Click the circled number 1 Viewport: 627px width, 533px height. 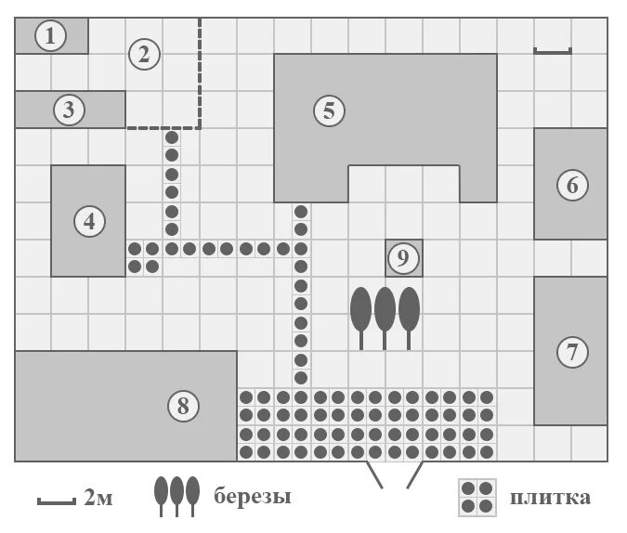[50, 36]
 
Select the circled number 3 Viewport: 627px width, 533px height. [68, 110]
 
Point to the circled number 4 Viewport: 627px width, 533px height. [89, 221]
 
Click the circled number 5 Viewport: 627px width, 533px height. [328, 110]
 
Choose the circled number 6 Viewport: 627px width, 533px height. [571, 185]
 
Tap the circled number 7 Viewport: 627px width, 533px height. [571, 352]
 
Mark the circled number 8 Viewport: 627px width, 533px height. [183, 405]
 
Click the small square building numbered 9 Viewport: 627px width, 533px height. [403, 258]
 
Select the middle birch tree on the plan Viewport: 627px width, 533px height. [385, 312]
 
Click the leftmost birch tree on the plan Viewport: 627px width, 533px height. [361, 312]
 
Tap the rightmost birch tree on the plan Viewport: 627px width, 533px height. [409, 312]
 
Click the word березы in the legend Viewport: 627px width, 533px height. [253, 497]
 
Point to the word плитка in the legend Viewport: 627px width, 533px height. [550, 497]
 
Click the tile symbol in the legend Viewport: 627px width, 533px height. [477, 497]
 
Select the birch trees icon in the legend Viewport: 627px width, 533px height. [176, 496]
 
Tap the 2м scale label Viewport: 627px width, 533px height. [98, 499]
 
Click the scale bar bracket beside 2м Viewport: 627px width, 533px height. [56, 501]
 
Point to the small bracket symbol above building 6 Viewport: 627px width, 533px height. [553, 51]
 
